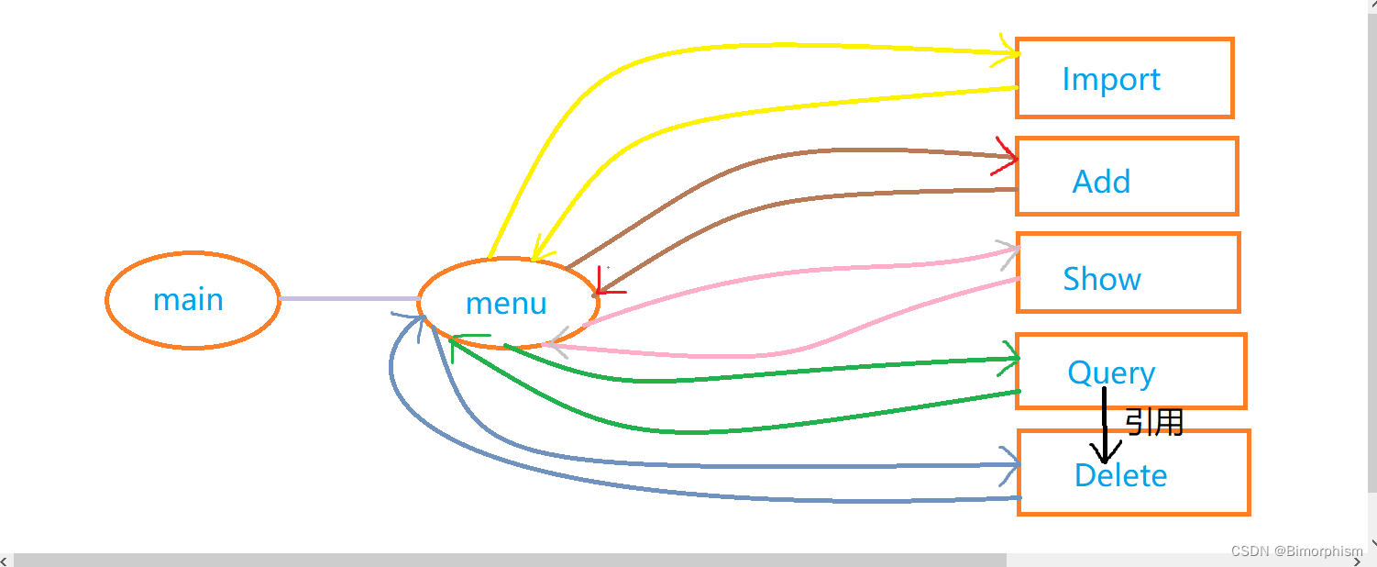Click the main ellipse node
click(193, 300)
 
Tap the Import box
click(1124, 79)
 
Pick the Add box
click(1127, 176)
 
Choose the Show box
click(1128, 272)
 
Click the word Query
click(1111, 372)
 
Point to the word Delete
click(1120, 475)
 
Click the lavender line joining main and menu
click(348, 299)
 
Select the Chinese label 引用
click(1154, 422)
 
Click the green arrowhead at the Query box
click(1010, 356)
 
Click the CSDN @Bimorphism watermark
click(1296, 550)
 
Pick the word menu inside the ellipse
click(506, 303)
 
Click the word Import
click(1110, 79)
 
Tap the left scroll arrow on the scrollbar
click(6, 560)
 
